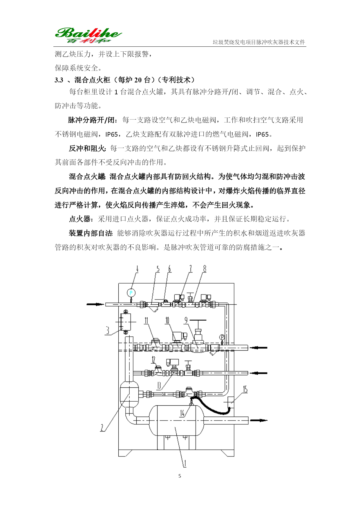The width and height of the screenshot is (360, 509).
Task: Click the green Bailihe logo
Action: pyautogui.click(x=88, y=35)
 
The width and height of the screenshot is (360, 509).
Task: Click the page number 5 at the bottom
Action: pyautogui.click(x=180, y=476)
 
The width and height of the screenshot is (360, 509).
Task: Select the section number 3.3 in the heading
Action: pyautogui.click(x=59, y=80)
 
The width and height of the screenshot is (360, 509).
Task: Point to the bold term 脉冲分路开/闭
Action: pyautogui.click(x=92, y=120)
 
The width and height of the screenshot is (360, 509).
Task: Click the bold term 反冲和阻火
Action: pyautogui.click(x=87, y=148)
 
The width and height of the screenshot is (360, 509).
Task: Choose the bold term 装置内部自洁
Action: pyautogui.click(x=90, y=233)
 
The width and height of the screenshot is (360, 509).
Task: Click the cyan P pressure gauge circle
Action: pyautogui.click(x=131, y=293)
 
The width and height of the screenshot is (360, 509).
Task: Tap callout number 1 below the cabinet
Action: pyautogui.click(x=184, y=463)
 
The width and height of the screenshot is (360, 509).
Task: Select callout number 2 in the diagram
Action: pyautogui.click(x=102, y=427)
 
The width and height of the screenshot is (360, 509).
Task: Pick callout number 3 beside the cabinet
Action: pyautogui.click(x=108, y=330)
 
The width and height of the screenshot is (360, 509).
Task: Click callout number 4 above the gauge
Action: pyautogui.click(x=137, y=269)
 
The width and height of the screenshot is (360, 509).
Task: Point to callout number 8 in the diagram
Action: pyautogui.click(x=205, y=269)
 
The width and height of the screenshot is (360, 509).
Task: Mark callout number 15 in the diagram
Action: pyautogui.click(x=245, y=389)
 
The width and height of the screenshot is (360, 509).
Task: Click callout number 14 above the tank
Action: pyautogui.click(x=182, y=413)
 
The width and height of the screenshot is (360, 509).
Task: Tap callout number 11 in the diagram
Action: pyautogui.click(x=146, y=320)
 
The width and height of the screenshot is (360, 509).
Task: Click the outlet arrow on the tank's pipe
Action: pyautogui.click(x=259, y=420)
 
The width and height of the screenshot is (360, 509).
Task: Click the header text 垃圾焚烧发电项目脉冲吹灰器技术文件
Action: pyautogui.click(x=259, y=42)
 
